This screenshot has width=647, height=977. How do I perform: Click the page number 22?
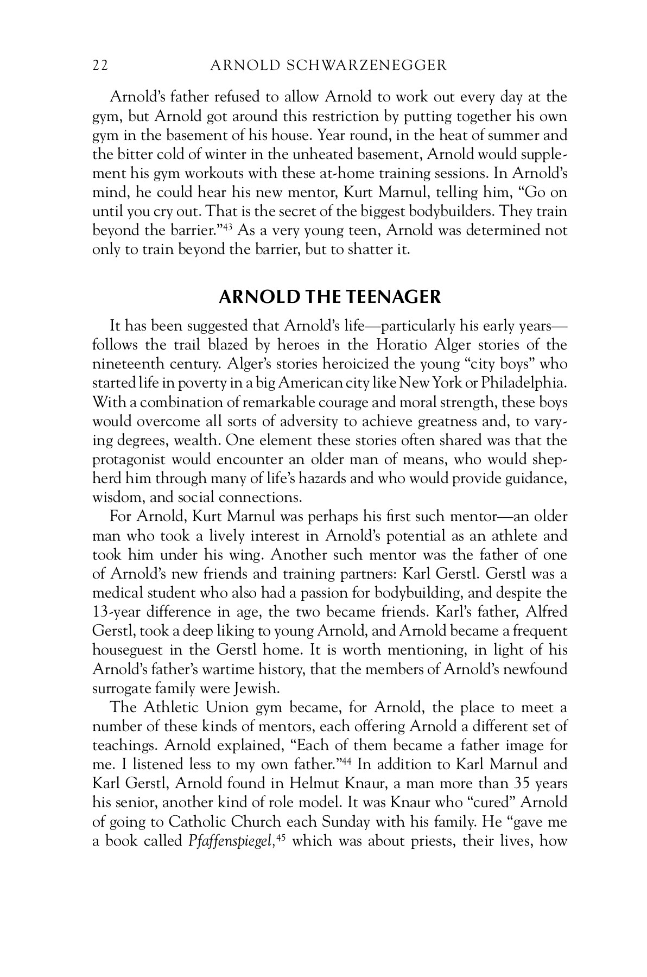[x=100, y=66]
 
